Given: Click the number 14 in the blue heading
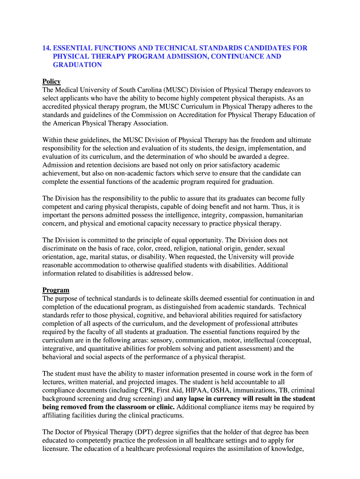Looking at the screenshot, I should tap(46, 48).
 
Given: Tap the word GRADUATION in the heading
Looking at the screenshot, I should tap(77, 65).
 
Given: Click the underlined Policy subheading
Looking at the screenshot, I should tap(51, 81).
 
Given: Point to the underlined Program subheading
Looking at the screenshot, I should tap(56, 290).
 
